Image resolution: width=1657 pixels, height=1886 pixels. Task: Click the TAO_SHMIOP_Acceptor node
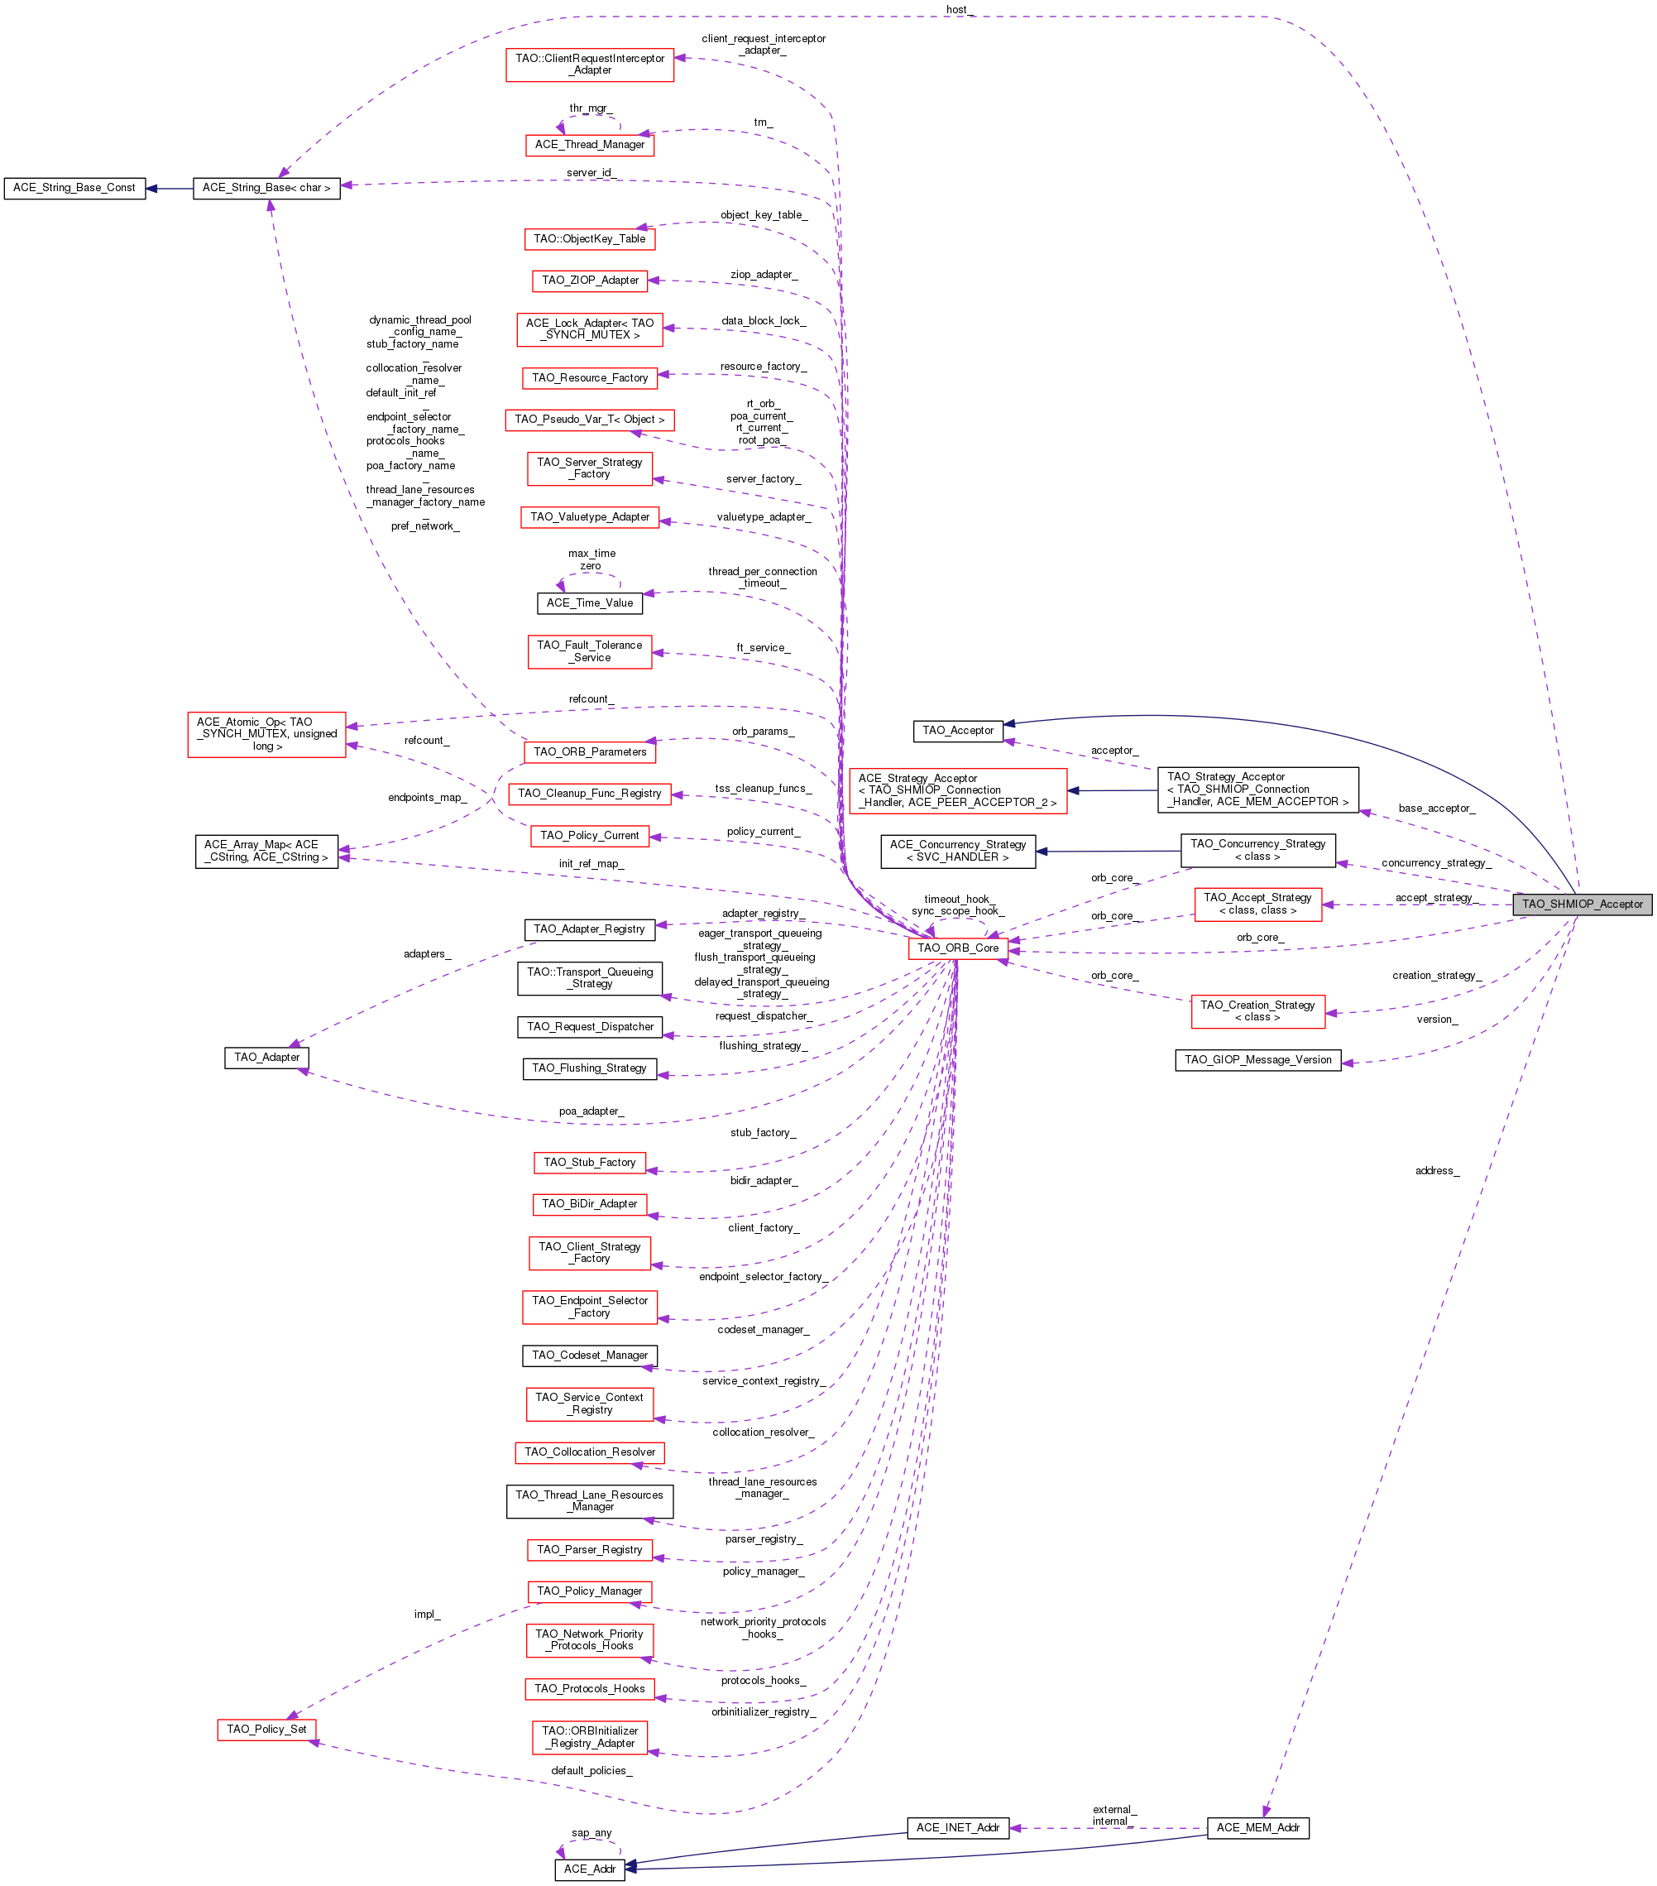click(1582, 905)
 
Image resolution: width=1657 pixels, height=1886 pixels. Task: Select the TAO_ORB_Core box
click(957, 948)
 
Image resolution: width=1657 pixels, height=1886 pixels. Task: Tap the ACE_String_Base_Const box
click(74, 188)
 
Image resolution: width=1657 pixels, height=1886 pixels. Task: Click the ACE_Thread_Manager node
click(590, 145)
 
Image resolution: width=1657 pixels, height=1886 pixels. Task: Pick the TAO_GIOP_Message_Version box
click(1257, 1060)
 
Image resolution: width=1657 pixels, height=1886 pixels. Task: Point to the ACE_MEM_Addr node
click(1257, 1828)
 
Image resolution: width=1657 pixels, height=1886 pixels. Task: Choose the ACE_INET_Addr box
click(957, 1828)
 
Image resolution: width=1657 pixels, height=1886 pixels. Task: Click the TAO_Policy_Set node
click(266, 1729)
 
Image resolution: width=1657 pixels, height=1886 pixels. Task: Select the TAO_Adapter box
click(266, 1058)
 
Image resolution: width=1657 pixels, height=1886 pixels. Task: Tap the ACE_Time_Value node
click(590, 603)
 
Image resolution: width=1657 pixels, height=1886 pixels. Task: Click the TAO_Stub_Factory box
click(589, 1163)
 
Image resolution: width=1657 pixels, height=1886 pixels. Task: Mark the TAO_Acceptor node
click(958, 731)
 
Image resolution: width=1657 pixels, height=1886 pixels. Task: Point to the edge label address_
click(1436, 1171)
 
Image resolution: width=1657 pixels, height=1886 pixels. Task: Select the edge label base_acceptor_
click(1435, 809)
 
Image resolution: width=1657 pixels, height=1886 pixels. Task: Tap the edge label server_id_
click(590, 172)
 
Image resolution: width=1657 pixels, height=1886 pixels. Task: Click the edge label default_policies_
click(591, 1771)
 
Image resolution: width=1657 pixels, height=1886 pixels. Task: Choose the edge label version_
click(1436, 1020)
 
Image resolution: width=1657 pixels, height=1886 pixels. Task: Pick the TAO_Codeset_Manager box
click(590, 1356)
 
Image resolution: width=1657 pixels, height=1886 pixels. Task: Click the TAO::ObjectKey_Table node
click(590, 239)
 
